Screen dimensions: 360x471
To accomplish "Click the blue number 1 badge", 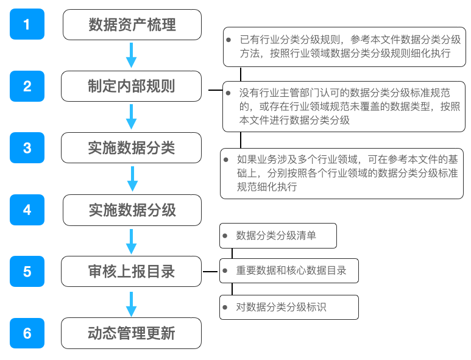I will (x=27, y=24).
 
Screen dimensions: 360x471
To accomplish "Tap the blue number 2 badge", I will (x=27, y=86).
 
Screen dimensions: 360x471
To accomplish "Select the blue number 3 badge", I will (x=27, y=148).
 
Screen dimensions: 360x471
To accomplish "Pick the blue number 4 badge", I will (x=27, y=210).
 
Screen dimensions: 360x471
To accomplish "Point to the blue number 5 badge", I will (x=27, y=271).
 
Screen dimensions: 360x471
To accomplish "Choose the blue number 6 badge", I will (x=27, y=333).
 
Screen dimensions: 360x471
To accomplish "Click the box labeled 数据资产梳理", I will (x=132, y=24).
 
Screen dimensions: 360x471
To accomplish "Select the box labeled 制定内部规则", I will (x=132, y=86).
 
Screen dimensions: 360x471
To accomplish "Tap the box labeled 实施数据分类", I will (x=132, y=148).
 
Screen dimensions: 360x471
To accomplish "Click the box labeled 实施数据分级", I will (x=132, y=210).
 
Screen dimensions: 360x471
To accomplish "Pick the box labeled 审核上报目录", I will (x=132, y=271).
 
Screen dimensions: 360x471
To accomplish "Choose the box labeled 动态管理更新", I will (x=132, y=333).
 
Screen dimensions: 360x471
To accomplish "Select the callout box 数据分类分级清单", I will (x=278, y=236).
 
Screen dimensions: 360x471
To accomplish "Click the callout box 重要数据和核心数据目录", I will (x=289, y=270).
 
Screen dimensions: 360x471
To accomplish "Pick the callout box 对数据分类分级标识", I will (x=289, y=307).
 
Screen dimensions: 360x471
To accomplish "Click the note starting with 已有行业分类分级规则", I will (x=345, y=46).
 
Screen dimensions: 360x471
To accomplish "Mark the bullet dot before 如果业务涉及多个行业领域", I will (x=227, y=160).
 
